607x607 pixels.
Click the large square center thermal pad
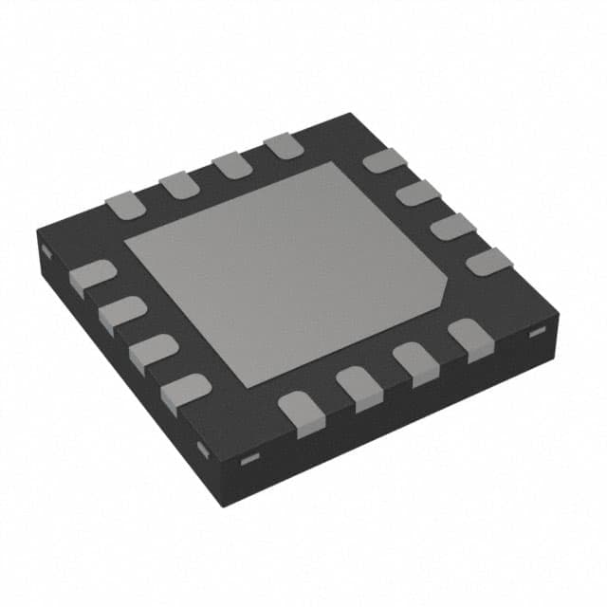(285, 275)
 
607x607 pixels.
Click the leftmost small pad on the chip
(93, 276)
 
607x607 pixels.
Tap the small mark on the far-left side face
(44, 252)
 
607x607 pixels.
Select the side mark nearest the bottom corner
(249, 461)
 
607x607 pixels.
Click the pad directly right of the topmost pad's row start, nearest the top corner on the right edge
(383, 160)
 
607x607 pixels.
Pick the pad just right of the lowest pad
(357, 389)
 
